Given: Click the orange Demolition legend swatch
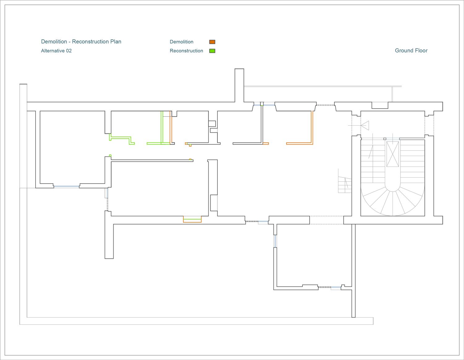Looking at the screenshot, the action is click(x=212, y=42).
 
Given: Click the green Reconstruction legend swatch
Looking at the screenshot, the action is click(x=212, y=51).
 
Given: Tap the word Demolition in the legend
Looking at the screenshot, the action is click(x=182, y=42).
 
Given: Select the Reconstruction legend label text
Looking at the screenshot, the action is click(x=187, y=51).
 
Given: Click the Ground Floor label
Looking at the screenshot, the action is click(x=411, y=51).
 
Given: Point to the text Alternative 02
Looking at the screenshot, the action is click(x=56, y=51).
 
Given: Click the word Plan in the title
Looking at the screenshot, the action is click(x=116, y=41).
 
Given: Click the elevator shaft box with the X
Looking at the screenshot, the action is click(x=393, y=154).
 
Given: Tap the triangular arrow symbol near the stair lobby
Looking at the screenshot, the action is click(x=365, y=125).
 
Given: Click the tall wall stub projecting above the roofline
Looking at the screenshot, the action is click(x=239, y=85).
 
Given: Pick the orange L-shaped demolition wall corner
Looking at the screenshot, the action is click(x=312, y=143).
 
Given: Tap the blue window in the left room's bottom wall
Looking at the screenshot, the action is click(x=67, y=187).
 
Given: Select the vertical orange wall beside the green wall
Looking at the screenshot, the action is click(x=171, y=127).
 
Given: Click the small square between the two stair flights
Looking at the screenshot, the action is click(x=385, y=139).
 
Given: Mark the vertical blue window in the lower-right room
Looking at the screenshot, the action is click(x=275, y=241).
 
